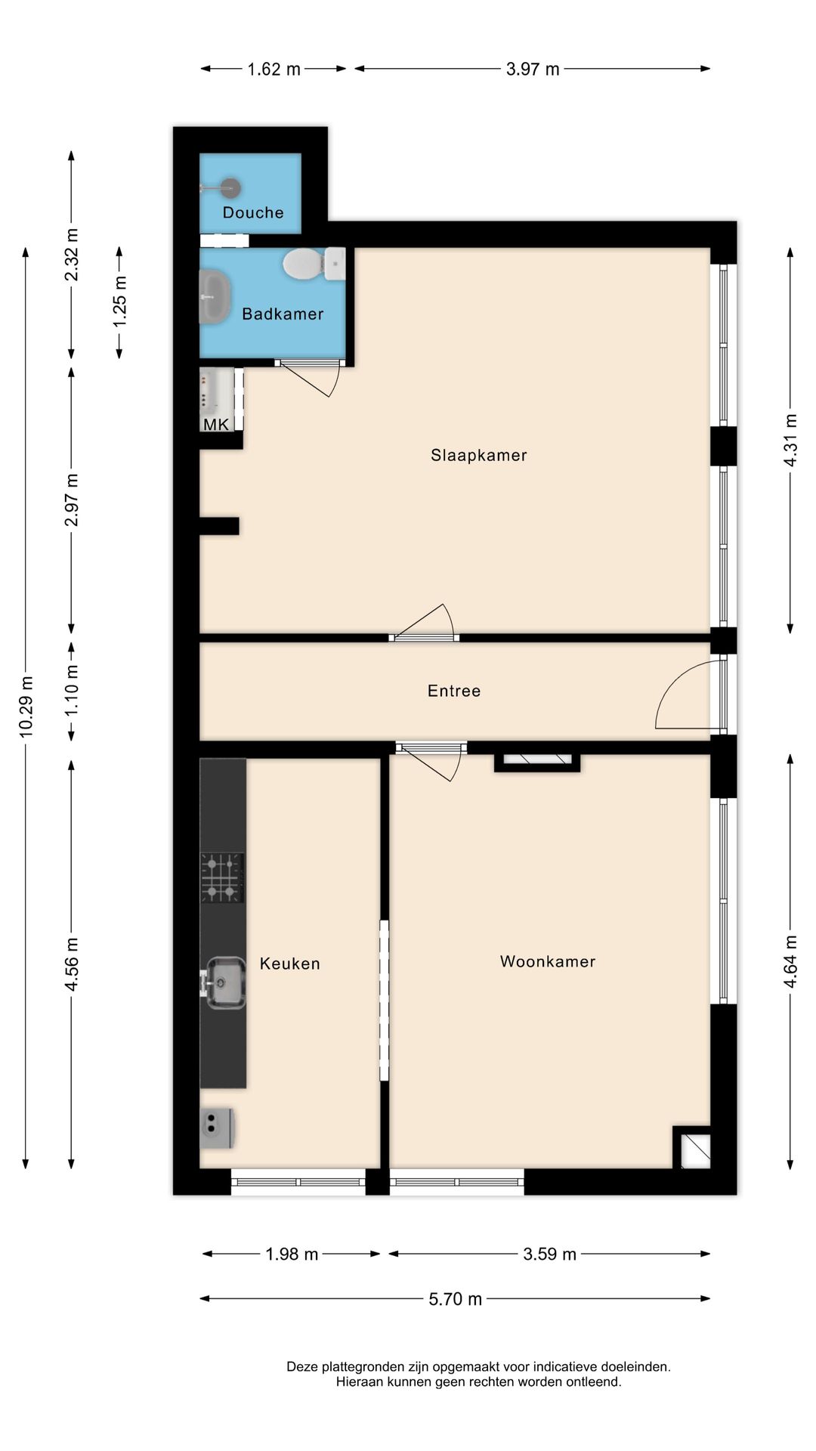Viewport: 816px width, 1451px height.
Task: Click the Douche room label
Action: point(253,212)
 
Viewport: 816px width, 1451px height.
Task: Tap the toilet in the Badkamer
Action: point(304,265)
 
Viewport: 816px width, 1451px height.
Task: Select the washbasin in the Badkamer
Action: point(215,296)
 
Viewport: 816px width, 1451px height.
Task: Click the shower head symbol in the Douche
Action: point(230,187)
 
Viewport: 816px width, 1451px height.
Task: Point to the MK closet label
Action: point(216,424)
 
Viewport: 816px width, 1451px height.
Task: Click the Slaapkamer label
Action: point(478,455)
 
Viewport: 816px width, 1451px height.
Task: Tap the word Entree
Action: point(453,691)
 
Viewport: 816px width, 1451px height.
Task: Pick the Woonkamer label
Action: point(548,961)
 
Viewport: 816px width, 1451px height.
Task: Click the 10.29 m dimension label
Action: point(26,706)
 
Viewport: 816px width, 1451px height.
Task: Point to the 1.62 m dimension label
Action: point(274,70)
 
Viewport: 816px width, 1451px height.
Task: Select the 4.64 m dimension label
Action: point(790,961)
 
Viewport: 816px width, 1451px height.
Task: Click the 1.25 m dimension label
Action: point(119,302)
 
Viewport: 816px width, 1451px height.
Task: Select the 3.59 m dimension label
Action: point(549,1255)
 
